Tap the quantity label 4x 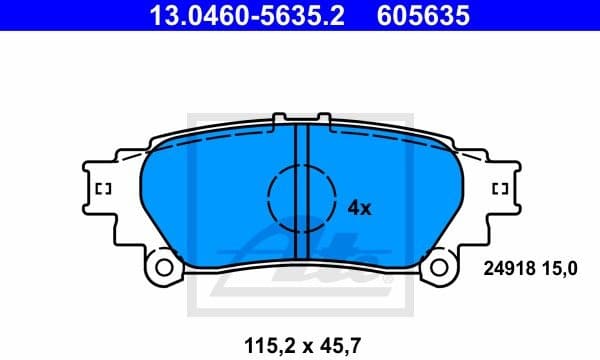359,208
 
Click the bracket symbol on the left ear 102,188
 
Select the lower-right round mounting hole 440,267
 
